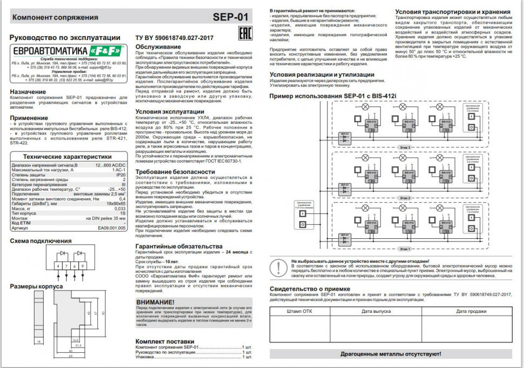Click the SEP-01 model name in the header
point(231,17)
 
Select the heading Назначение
point(28,92)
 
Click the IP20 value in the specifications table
point(120,175)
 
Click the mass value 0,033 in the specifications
point(120,208)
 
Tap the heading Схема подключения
point(41,240)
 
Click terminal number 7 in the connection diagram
point(66,266)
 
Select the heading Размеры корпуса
point(36,286)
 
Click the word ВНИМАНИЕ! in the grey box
point(155,302)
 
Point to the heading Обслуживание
point(158,47)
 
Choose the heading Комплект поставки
point(164,342)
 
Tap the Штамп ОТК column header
point(300,312)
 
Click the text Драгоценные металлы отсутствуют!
point(391,353)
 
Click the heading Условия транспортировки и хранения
point(452,11)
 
